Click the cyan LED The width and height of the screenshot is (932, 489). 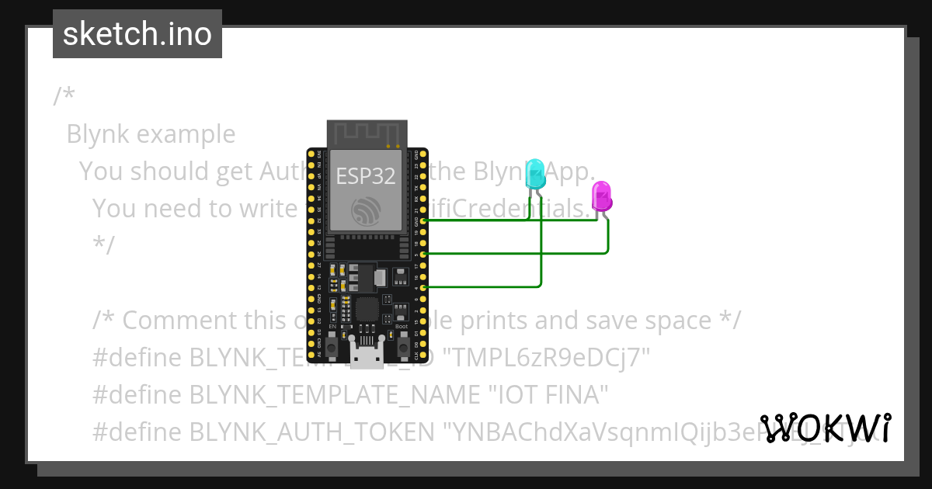pos(535,174)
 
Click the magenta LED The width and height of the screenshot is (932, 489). pos(601,196)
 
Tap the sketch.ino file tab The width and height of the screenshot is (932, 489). pos(137,34)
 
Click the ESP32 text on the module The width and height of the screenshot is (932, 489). pos(366,175)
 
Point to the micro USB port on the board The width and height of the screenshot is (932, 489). pos(366,358)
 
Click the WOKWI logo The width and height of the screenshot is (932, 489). pos(825,428)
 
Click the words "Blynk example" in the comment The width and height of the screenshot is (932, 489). pos(151,134)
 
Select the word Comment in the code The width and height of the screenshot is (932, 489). pos(175,320)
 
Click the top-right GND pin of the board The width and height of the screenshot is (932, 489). pos(423,154)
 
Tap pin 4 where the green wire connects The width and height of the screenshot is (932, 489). pos(423,287)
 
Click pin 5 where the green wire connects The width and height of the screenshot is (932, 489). pos(423,254)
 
